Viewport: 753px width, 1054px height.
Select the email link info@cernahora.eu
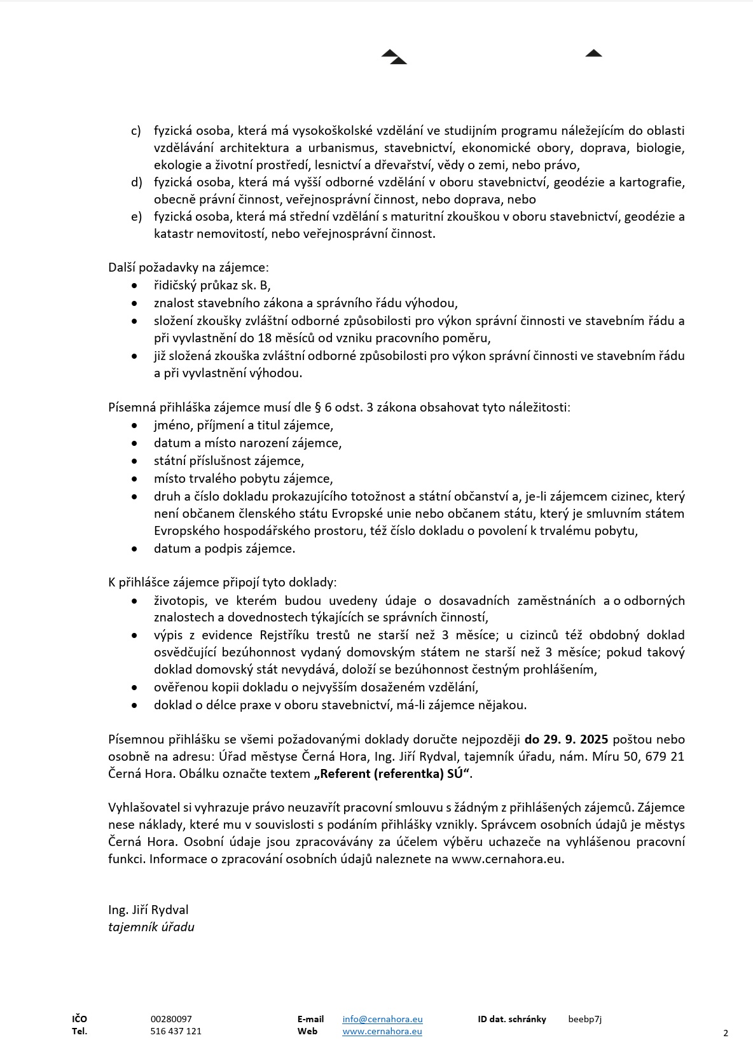(x=382, y=1018)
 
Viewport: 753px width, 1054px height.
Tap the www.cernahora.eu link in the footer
(x=382, y=1031)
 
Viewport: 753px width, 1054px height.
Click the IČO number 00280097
(x=171, y=1018)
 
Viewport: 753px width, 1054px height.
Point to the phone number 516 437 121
(x=176, y=1031)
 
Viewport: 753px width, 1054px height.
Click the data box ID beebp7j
(x=584, y=1018)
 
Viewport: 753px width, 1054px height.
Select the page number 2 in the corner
(x=726, y=1033)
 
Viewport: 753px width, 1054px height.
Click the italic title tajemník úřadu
(x=151, y=927)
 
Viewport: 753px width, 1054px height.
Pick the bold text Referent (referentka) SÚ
(x=394, y=773)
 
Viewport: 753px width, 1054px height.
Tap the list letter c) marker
(x=136, y=130)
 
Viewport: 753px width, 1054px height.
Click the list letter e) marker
(x=136, y=216)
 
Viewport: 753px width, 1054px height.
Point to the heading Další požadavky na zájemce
(x=188, y=267)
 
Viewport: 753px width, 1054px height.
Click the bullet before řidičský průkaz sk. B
(x=134, y=286)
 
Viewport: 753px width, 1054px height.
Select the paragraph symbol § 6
(x=322, y=407)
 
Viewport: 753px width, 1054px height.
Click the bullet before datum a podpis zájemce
(x=134, y=548)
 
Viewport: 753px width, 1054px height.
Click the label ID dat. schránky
(x=512, y=1018)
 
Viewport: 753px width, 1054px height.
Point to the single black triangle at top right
(x=593, y=53)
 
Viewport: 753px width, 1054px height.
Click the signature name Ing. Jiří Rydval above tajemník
(x=148, y=910)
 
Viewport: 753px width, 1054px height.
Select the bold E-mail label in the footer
(x=310, y=1018)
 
